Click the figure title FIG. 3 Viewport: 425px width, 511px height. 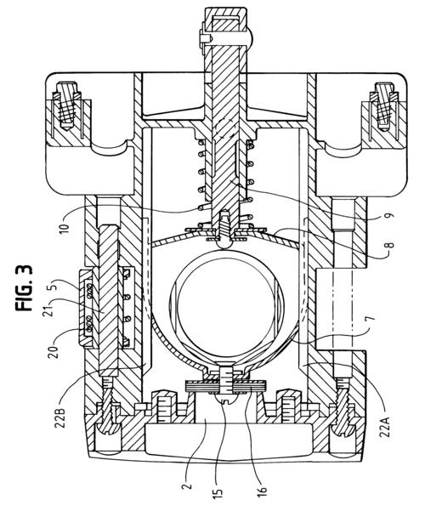pos(24,287)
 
